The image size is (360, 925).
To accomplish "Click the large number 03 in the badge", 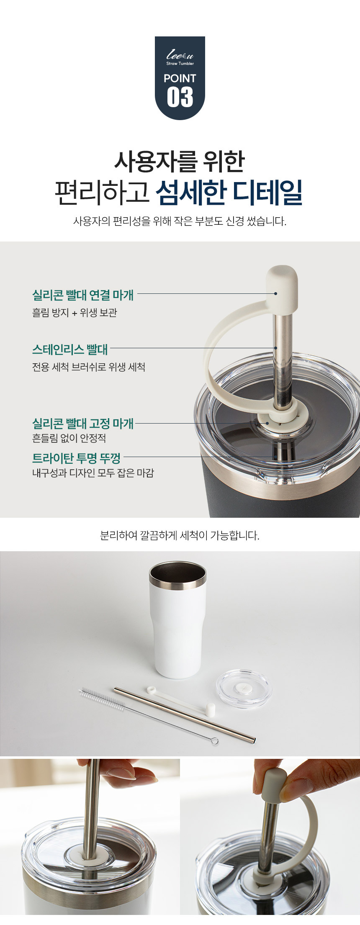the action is pos(180,98).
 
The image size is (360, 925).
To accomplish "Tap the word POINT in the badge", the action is pos(180,78).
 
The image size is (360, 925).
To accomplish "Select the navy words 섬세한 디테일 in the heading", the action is pos(229,193).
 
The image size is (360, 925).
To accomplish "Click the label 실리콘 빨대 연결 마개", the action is pos(83,295).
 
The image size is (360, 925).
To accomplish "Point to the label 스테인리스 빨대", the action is pos(70,349).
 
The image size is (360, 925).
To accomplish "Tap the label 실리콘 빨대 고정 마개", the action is pos(83,424).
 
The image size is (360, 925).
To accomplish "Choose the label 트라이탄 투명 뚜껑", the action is pos(76,458).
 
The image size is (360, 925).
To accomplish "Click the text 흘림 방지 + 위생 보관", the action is pos(75,313).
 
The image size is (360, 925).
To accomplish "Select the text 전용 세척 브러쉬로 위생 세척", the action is pos(89,367).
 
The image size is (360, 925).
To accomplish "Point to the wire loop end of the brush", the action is pos(214,741).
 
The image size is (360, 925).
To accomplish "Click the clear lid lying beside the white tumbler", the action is pos(244,689).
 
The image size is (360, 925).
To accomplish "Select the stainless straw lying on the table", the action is pos(185,714).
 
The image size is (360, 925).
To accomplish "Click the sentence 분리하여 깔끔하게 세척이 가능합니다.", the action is pos(180,535).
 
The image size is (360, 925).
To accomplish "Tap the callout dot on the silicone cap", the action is pos(275,293).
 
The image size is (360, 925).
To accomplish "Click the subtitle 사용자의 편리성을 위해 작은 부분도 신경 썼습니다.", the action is pos(180,221).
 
